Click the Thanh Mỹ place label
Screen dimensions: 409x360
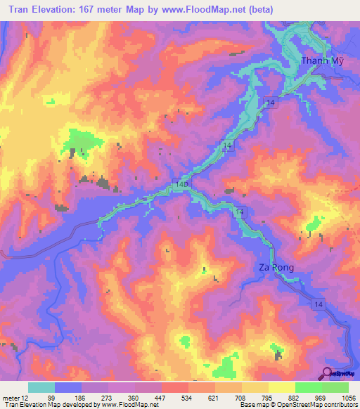(x=322, y=60)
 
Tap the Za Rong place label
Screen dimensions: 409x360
(x=273, y=268)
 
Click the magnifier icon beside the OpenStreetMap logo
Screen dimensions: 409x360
(x=328, y=373)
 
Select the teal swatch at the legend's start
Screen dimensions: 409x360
(x=41, y=387)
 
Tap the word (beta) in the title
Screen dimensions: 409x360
(x=257, y=9)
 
